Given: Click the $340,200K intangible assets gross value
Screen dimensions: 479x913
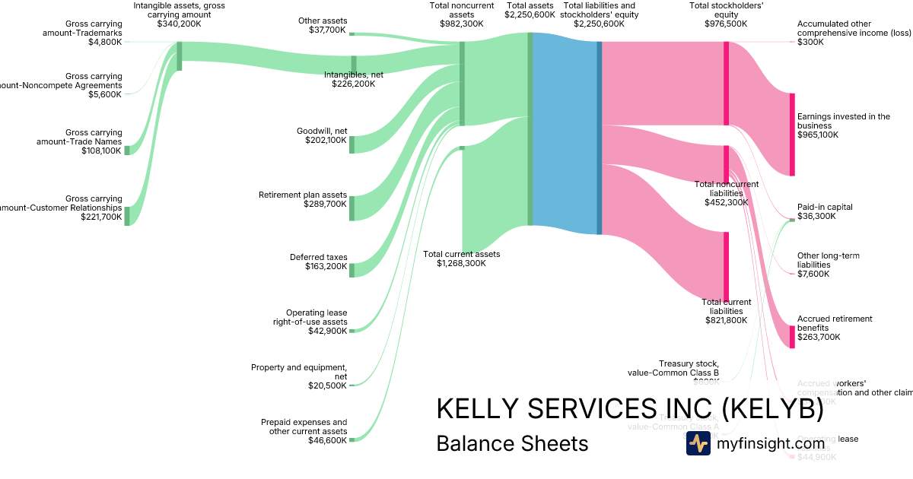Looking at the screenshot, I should (x=179, y=24).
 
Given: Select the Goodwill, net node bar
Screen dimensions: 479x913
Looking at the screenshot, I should (x=352, y=144).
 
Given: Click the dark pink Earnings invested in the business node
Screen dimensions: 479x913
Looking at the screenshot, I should (x=792, y=135).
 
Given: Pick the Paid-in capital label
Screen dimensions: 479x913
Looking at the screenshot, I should (x=825, y=207).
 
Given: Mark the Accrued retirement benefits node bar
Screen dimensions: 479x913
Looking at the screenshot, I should (x=792, y=337).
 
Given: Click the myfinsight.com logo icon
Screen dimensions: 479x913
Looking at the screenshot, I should (x=698, y=443).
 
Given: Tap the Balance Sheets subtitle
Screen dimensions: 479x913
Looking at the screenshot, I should (x=512, y=444).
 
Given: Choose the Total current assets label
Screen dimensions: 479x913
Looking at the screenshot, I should (x=462, y=254).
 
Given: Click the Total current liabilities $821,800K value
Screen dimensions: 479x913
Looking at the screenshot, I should (x=727, y=320).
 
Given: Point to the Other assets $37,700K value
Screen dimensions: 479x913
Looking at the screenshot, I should (x=323, y=31).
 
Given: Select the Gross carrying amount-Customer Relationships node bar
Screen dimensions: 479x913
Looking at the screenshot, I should (x=127, y=216).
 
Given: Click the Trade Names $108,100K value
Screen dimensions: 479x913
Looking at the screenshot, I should (x=101, y=151).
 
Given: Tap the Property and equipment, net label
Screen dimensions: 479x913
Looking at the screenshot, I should (x=299, y=372).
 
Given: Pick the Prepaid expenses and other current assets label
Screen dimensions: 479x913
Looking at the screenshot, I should (x=304, y=427).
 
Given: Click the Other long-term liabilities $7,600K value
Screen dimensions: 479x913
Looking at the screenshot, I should (x=813, y=274).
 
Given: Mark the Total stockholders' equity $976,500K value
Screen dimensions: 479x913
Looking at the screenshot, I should (x=726, y=24).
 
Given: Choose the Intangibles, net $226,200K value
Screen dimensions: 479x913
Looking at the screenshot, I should (x=353, y=84).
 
